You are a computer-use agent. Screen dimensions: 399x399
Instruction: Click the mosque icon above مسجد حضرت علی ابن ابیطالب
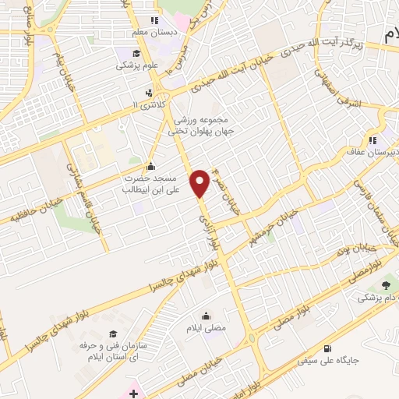150,166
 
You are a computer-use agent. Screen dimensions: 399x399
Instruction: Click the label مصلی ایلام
207,328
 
